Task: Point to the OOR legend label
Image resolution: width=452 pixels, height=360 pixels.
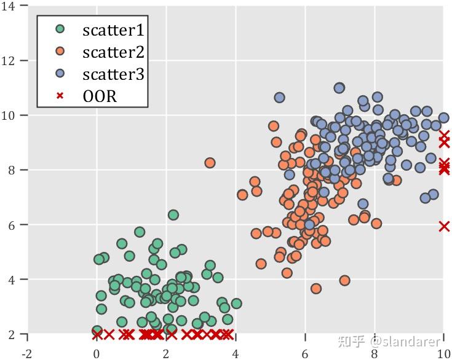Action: (x=100, y=96)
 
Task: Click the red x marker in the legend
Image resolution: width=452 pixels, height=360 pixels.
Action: (x=60, y=96)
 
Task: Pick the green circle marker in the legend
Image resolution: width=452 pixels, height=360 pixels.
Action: (x=60, y=29)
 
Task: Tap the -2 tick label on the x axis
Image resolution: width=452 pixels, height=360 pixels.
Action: (x=27, y=354)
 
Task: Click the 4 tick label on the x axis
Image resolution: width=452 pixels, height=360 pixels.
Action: (x=236, y=354)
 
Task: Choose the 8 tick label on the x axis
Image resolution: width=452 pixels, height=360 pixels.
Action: (x=374, y=354)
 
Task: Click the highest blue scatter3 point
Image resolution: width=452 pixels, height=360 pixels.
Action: (x=339, y=88)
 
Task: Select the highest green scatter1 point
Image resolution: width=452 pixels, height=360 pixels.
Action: (x=173, y=215)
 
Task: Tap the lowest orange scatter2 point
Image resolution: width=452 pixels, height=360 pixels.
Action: (x=316, y=288)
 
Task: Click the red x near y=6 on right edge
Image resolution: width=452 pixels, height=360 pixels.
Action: (x=444, y=226)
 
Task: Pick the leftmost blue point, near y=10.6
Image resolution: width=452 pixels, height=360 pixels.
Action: (x=279, y=98)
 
